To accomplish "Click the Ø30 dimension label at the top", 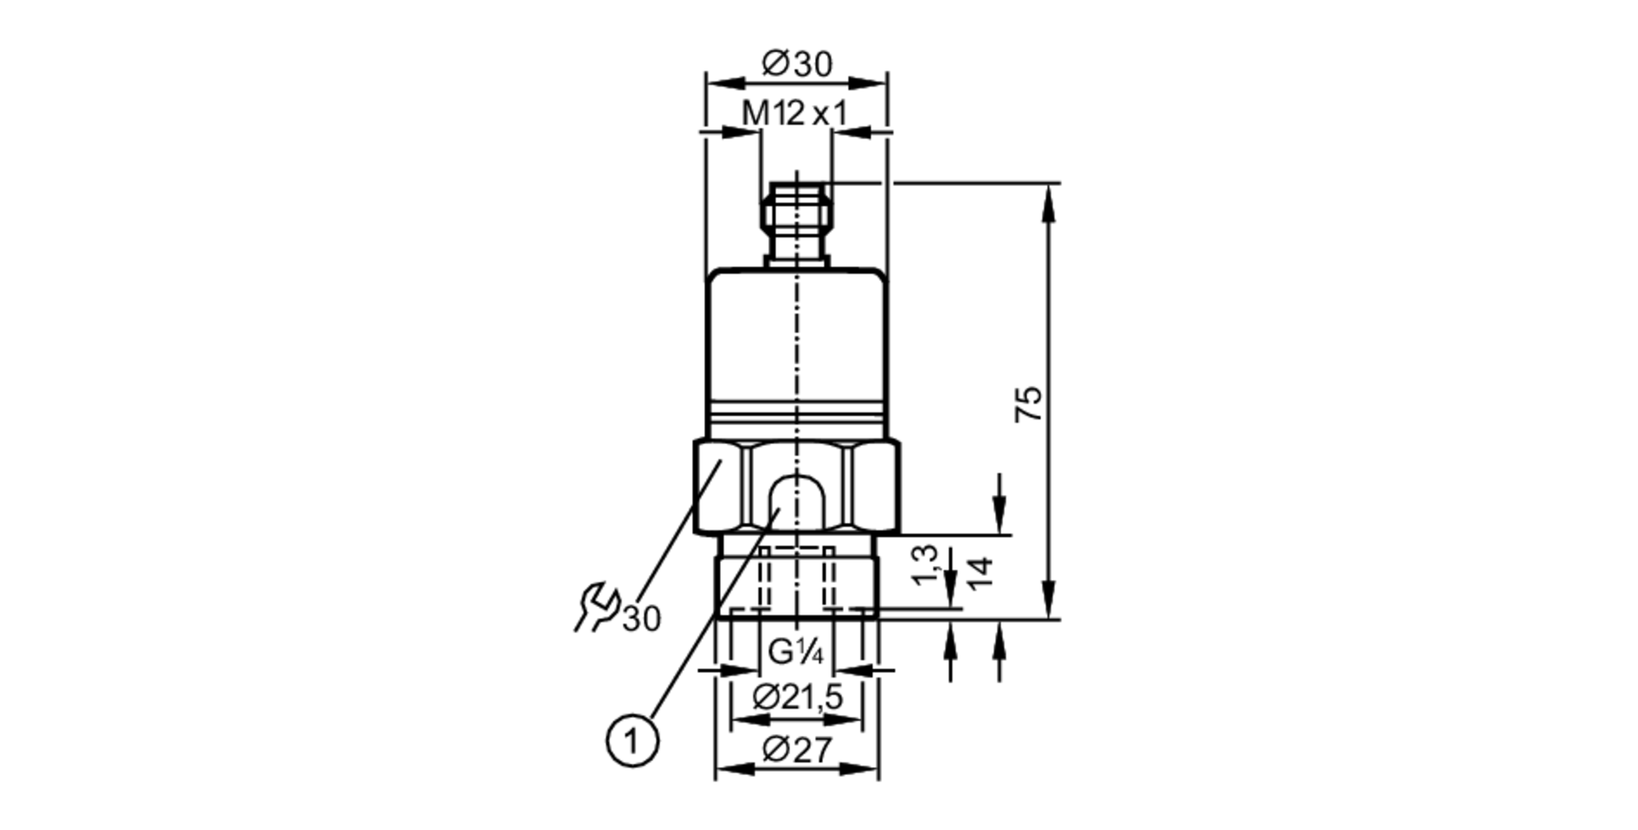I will (796, 64).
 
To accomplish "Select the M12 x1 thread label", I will (794, 114).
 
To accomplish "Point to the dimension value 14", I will (980, 572).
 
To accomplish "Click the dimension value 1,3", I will (925, 565).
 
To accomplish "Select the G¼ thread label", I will (795, 653).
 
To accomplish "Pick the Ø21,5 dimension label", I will (797, 697).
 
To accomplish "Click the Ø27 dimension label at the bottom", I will (796, 749).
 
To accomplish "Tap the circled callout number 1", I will (631, 742).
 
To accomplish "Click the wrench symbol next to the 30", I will (597, 606).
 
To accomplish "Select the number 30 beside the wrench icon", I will (641, 619).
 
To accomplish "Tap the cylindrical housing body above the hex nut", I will (796, 344).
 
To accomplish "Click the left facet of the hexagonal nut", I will (721, 487).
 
